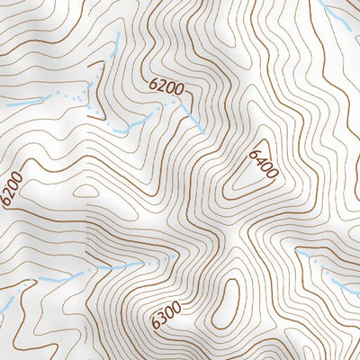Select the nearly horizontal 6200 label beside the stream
(x=166, y=87)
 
